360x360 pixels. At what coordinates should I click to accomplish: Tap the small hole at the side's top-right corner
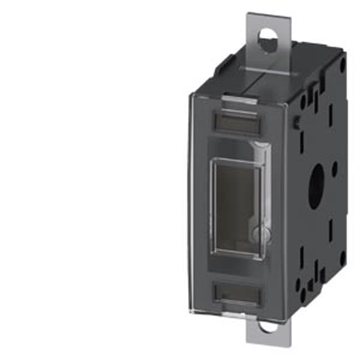tap(343, 65)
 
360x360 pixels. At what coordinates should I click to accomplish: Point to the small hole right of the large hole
tap(335, 170)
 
